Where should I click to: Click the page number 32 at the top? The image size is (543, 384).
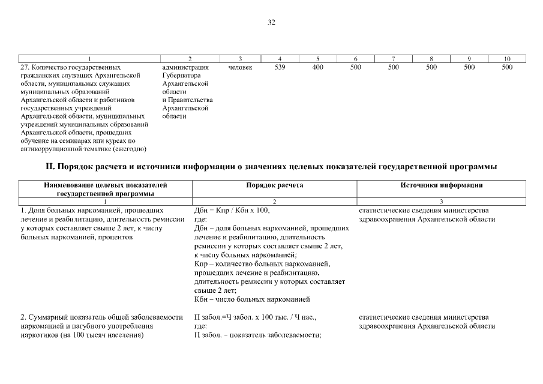tap(271, 22)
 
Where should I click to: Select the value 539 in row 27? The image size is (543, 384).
tap(280, 68)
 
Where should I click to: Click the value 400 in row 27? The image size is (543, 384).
tap(318, 68)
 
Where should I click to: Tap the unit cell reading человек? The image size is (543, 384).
tap(240, 68)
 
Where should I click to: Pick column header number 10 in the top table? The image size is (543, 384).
tap(506, 59)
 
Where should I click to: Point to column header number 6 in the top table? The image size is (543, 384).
tap(356, 59)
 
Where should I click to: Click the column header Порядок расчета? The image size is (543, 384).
tap(275, 185)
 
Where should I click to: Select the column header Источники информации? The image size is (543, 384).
tap(441, 185)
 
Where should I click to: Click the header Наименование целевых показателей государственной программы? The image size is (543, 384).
tap(106, 190)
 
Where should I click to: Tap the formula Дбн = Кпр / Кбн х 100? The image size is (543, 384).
tap(232, 211)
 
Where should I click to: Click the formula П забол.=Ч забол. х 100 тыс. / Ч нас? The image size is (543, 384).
tap(255, 317)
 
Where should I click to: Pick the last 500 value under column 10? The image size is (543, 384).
tap(506, 68)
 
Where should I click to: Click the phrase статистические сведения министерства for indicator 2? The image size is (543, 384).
tap(424, 317)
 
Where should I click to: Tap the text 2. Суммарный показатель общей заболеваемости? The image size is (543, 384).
tap(101, 317)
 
